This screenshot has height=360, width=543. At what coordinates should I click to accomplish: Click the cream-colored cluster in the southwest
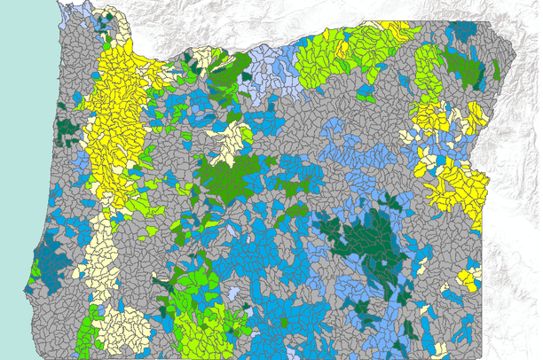pyautogui.click(x=120, y=328)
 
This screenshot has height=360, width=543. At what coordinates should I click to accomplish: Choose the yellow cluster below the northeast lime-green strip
pyautogui.click(x=431, y=115)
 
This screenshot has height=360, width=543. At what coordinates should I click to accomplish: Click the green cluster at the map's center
pyautogui.click(x=229, y=177)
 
